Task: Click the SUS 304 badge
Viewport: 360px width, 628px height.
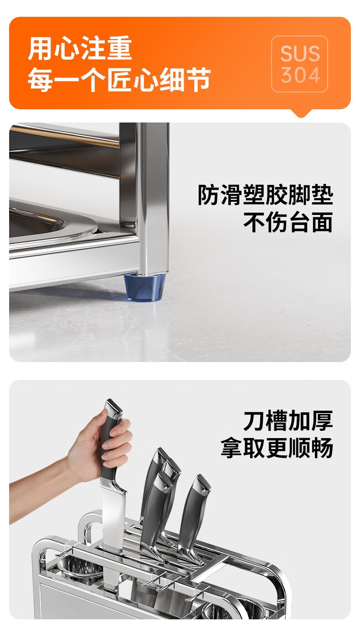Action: coord(299,64)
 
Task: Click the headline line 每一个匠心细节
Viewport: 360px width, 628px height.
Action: coord(119,79)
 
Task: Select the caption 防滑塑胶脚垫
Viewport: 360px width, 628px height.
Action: coord(265,195)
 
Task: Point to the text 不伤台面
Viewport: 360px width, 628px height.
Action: coord(288,222)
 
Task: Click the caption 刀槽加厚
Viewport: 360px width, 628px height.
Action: coord(288,420)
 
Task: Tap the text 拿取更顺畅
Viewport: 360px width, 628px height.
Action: coord(277,448)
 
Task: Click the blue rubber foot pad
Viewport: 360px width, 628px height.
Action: coord(145,287)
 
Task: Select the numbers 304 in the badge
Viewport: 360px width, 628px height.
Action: coord(300,75)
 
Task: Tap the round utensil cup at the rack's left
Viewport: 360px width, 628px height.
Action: coord(79,567)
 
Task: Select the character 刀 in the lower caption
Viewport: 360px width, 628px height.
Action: coord(254,420)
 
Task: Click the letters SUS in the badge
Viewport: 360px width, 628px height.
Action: coord(300,53)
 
